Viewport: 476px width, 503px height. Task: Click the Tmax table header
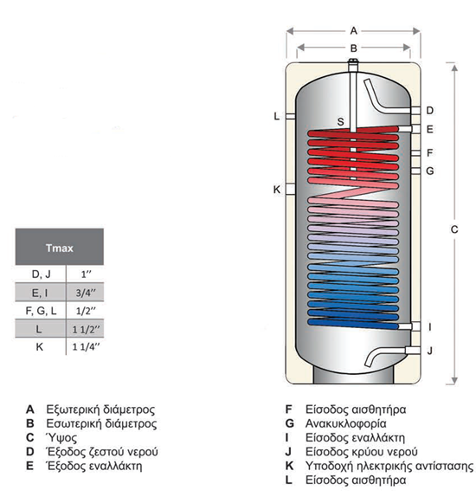(x=58, y=248)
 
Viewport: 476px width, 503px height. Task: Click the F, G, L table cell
(x=38, y=310)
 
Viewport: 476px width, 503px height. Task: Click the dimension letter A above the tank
(x=353, y=29)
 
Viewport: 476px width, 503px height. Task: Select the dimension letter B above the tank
(x=353, y=48)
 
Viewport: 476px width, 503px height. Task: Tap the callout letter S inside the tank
(x=341, y=121)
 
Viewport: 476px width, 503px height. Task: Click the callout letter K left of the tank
(x=276, y=190)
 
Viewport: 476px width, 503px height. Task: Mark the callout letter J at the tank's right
(x=430, y=350)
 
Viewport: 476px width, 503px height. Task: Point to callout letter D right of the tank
(x=430, y=110)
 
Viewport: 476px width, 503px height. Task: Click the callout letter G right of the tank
(x=430, y=171)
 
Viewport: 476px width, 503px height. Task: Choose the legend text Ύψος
(x=57, y=438)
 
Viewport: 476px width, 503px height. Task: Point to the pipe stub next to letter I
(x=415, y=327)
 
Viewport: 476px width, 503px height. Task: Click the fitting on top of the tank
(x=353, y=66)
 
